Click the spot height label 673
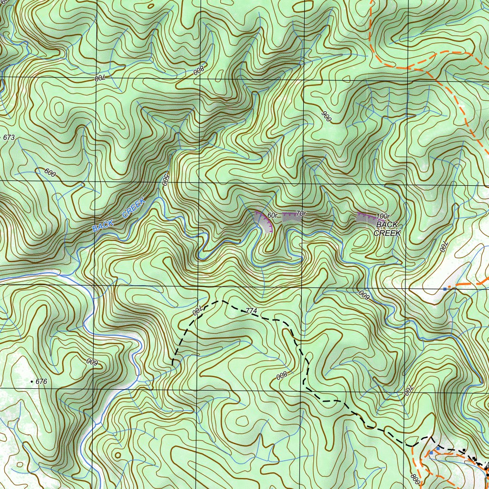(9, 138)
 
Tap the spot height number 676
(42, 382)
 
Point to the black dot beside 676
(32, 382)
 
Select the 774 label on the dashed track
(252, 311)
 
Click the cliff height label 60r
(273, 215)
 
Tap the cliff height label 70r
(300, 213)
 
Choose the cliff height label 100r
(383, 216)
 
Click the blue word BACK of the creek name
(103, 225)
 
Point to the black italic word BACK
(387, 224)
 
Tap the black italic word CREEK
(387, 233)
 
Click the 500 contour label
(166, 179)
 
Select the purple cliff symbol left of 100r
(366, 217)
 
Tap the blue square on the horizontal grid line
(445, 289)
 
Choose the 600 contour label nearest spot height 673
(50, 172)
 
